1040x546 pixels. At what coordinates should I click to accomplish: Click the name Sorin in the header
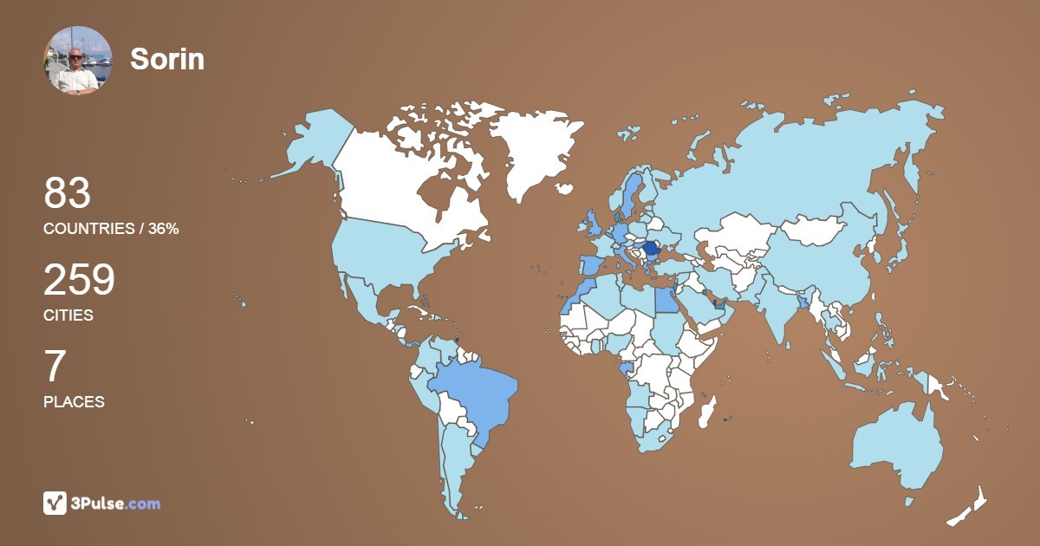(x=167, y=59)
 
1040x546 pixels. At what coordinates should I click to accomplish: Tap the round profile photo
(x=77, y=60)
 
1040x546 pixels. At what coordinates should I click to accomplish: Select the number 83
(x=68, y=194)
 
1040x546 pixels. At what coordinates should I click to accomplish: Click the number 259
(x=79, y=281)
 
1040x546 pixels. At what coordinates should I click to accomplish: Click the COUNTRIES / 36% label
(x=111, y=229)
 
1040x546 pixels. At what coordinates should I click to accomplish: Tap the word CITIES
(x=68, y=315)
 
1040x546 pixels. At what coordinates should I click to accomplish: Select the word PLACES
(x=74, y=402)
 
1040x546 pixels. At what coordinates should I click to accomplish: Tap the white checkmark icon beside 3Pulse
(x=55, y=503)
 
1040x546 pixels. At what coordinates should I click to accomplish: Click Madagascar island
(x=708, y=411)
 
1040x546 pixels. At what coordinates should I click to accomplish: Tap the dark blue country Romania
(x=651, y=248)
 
